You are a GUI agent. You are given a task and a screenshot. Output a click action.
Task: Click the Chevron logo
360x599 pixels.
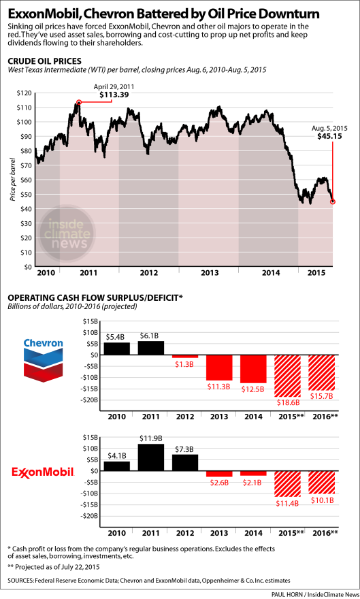pos(43,360)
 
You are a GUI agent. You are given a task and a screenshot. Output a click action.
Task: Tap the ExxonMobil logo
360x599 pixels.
pos(43,472)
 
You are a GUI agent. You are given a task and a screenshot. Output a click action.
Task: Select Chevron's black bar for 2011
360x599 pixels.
pos(151,348)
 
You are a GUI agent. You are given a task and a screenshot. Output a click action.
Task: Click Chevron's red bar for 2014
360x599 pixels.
pos(253,369)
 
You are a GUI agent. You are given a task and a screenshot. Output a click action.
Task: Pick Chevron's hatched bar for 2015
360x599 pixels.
pos(287,376)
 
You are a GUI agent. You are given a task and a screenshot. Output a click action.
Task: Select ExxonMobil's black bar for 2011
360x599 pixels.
pos(151,457)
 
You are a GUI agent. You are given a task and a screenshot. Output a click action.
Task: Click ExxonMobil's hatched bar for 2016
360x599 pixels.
pos(321,483)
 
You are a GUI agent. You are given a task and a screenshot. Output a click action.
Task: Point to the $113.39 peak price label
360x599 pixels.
pos(114,95)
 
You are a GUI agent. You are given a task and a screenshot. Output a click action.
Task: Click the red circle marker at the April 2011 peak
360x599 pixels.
pos(79,102)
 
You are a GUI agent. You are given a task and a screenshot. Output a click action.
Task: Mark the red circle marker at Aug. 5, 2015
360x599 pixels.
pos(333,201)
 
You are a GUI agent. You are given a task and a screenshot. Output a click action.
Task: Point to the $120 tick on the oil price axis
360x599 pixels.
pos(24,93)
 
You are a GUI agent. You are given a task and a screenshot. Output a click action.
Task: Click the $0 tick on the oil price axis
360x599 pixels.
pos(27,267)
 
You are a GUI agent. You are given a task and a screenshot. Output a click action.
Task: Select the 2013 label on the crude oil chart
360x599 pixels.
pos(209,273)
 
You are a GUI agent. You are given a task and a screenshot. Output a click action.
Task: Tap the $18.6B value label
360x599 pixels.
pos(288,403)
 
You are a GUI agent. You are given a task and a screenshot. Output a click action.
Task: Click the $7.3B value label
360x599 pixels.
pos(185,449)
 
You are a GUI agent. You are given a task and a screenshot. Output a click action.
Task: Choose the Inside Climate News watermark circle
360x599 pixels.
pos(67,233)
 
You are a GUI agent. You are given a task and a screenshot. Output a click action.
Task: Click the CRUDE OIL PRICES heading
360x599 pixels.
pos(44,61)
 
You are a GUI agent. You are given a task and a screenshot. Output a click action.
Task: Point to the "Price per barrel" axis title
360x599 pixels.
pos(13,180)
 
